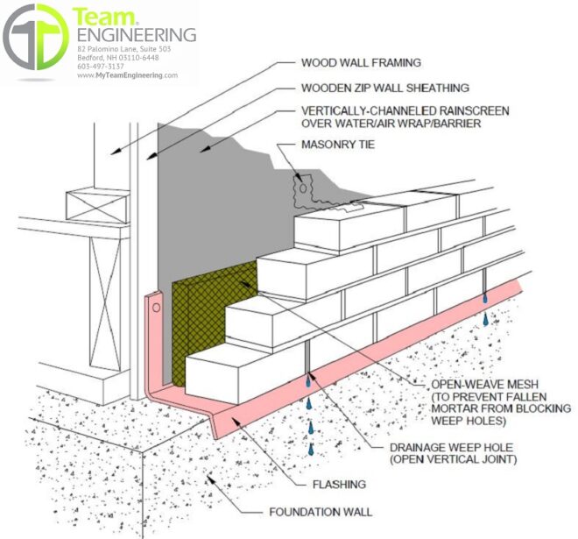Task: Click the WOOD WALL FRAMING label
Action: point(361,63)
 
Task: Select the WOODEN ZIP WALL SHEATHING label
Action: point(385,88)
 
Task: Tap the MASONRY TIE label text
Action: point(338,145)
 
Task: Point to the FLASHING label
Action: point(339,485)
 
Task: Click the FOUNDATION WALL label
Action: point(321,512)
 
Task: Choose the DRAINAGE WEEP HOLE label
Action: point(452,448)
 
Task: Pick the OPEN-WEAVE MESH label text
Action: point(485,385)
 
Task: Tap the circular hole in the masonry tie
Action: point(303,188)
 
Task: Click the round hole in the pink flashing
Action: point(156,308)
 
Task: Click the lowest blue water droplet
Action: point(312,449)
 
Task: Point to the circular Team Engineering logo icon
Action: point(36,37)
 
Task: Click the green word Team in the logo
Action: point(104,17)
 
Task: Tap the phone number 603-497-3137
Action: point(101,67)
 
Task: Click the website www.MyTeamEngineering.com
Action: point(128,75)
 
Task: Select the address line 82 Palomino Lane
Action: point(123,49)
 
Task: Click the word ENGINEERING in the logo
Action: point(137,35)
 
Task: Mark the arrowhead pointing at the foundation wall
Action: point(210,479)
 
